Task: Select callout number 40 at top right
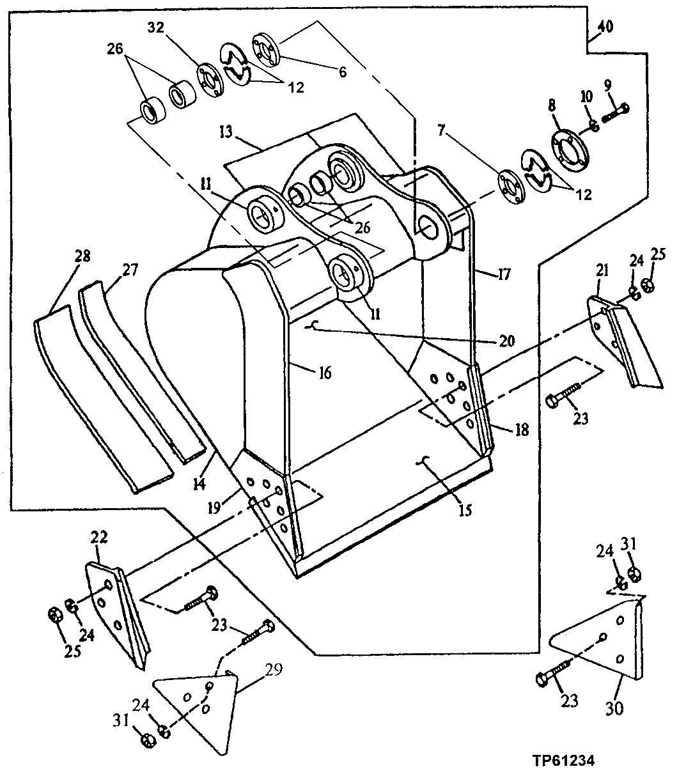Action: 605,27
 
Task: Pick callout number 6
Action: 342,72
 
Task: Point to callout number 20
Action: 506,340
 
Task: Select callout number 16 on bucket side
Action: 325,373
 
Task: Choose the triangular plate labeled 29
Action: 198,709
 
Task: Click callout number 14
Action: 199,484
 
